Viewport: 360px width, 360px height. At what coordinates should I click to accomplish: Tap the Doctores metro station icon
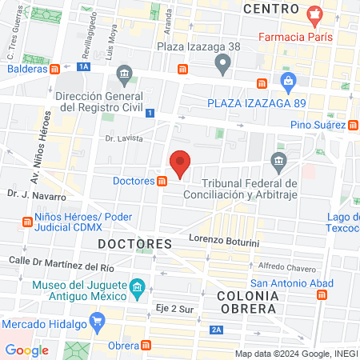point(162,182)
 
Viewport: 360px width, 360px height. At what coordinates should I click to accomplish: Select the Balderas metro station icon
point(54,69)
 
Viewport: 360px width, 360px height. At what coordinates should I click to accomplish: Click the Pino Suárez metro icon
point(353,124)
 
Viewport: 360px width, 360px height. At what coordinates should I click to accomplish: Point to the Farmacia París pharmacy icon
point(315,14)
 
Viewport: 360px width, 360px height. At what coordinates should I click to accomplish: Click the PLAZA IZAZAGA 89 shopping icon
point(288,81)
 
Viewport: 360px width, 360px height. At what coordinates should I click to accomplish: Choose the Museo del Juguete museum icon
point(137,286)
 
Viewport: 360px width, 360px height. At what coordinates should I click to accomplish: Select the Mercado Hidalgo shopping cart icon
point(98,324)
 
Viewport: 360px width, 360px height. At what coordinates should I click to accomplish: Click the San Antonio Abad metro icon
point(322,294)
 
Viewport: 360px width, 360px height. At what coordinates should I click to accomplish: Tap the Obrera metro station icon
point(146,346)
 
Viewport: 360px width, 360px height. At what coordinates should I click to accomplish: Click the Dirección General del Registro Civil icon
point(124,78)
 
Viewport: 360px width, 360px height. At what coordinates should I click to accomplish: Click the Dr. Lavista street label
point(123,138)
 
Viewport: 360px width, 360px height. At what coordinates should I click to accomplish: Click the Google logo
point(26,350)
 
